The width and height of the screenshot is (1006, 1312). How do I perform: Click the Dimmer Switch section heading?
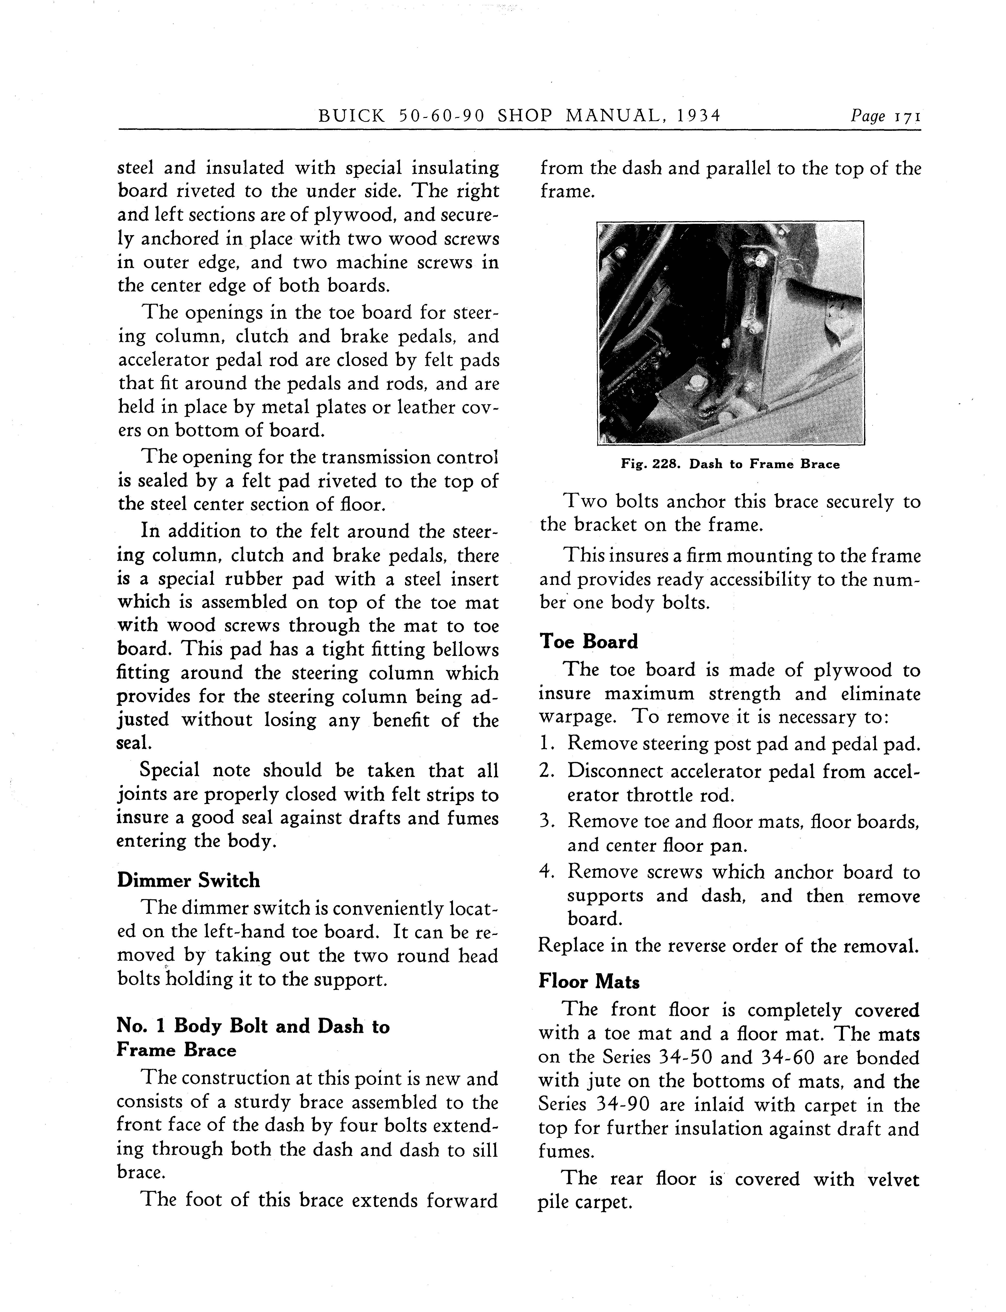pos(189,880)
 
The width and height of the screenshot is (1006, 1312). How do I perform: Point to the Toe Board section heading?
pos(589,641)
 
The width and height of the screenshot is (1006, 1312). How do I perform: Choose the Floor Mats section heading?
pos(589,981)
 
